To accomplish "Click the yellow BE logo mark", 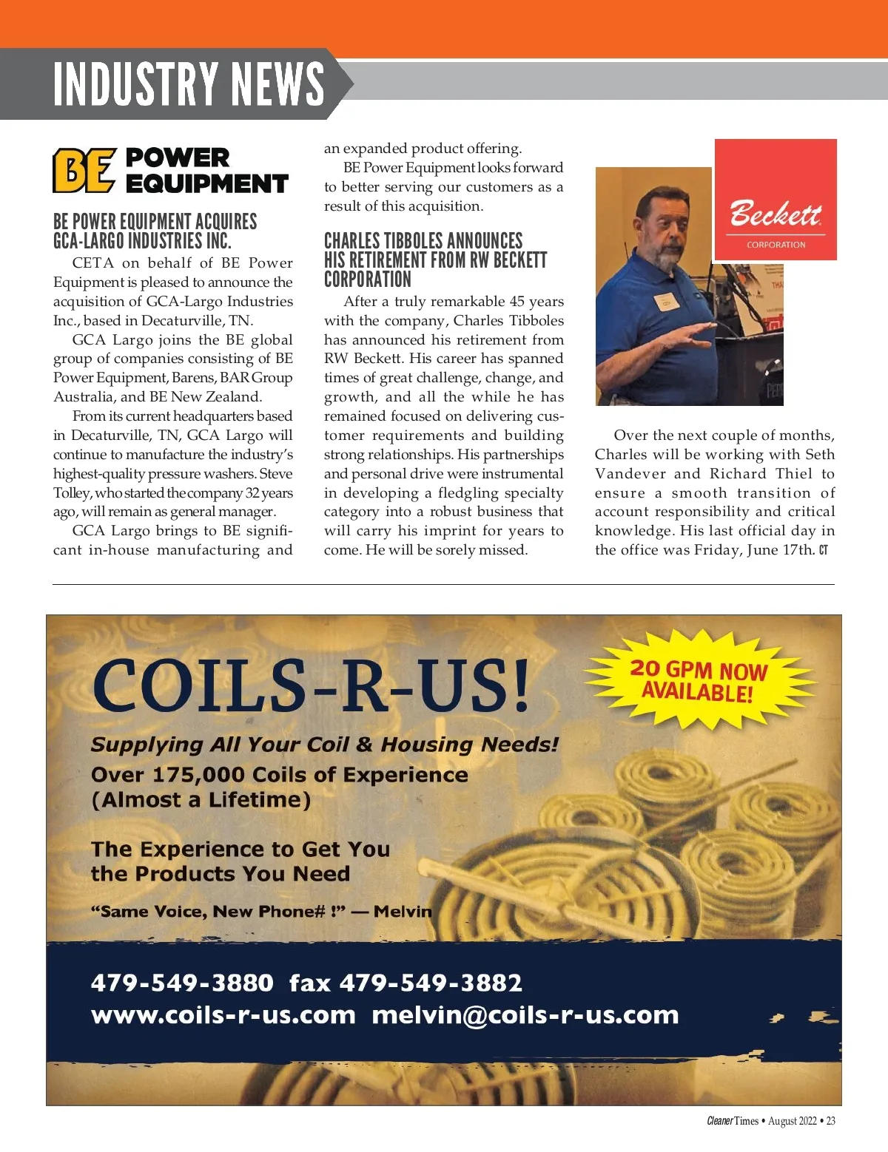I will (x=84, y=170).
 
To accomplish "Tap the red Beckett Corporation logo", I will (x=775, y=200).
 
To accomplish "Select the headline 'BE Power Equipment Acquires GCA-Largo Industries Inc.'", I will (x=155, y=231).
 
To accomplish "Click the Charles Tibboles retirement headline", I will (x=434, y=260).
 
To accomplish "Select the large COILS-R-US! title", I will (x=311, y=686).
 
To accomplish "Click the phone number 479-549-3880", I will (x=182, y=983).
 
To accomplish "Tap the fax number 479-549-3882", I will (x=431, y=983).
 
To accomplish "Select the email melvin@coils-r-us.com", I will (x=525, y=1015).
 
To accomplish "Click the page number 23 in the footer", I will (x=830, y=1121).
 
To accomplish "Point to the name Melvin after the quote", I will (x=403, y=911).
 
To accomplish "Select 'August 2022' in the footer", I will (x=792, y=1121).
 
